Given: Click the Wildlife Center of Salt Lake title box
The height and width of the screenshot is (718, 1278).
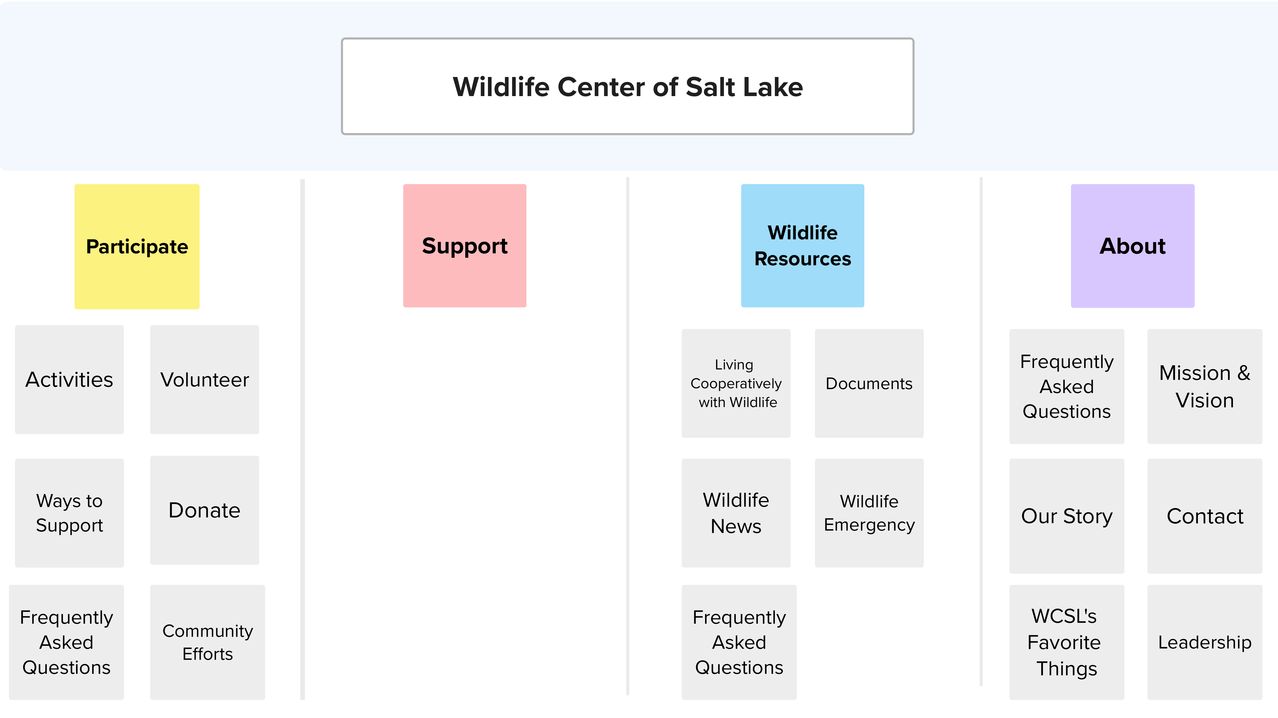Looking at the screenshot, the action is coord(628,87).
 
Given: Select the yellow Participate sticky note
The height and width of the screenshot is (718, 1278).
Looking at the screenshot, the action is coord(137,247).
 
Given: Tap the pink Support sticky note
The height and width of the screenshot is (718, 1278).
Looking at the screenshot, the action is coord(465,246).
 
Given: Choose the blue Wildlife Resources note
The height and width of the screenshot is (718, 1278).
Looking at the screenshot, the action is coord(803,246).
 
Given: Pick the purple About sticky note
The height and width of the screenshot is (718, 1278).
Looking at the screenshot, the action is coord(1133,246).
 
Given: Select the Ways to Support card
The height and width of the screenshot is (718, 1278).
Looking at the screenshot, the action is coord(69,513).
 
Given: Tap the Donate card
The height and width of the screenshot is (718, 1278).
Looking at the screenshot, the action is coord(204,510).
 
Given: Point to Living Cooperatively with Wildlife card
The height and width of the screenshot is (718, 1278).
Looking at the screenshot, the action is coord(736,383).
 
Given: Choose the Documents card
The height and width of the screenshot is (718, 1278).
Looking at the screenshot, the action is coord(869,383).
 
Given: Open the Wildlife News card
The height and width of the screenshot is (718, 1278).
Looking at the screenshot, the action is coord(736,513).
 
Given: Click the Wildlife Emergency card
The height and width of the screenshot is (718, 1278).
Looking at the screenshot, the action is coord(869,513).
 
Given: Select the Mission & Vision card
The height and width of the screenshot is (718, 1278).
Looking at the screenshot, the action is coord(1205,386).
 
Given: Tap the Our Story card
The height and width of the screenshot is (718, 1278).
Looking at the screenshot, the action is coord(1067,516).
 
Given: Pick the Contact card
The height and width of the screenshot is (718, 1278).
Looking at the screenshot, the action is coord(1205,516).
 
